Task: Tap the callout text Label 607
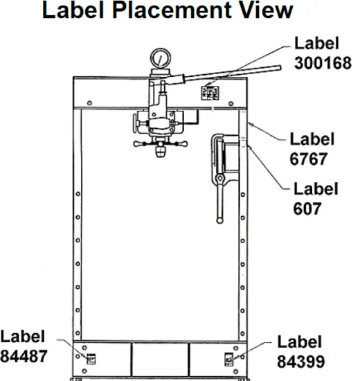click(x=316, y=197)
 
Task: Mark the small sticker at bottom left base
click(x=89, y=358)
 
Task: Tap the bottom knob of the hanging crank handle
click(x=220, y=220)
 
